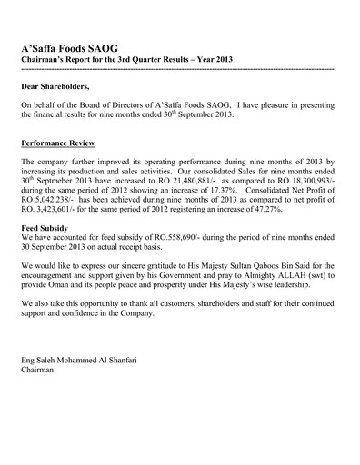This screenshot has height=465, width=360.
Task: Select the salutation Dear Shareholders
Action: (x=55, y=86)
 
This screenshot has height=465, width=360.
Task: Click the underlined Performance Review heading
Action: (x=63, y=143)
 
